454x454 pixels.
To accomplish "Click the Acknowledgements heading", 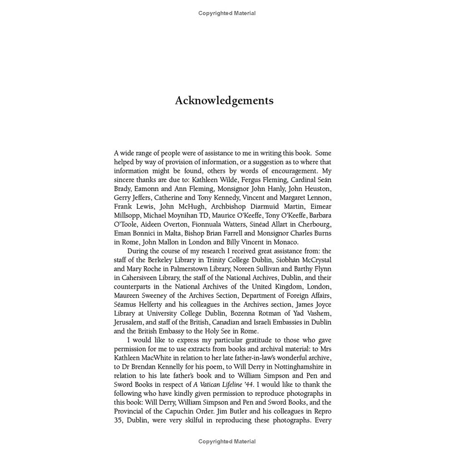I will (x=224, y=100).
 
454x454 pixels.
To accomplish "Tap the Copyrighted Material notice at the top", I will (x=227, y=13).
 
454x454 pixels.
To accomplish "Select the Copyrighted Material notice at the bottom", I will (x=227, y=441).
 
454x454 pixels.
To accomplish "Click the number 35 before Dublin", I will (x=118, y=420).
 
